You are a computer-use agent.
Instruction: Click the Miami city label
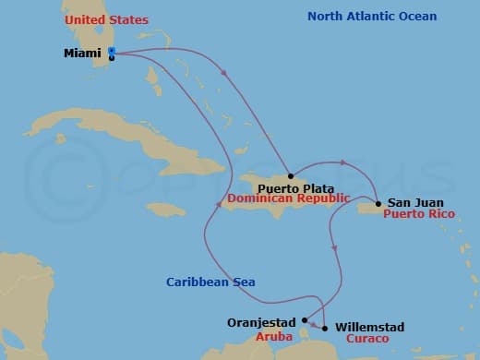point(82,53)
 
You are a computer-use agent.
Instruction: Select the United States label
point(106,19)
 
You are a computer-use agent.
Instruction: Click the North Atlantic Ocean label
point(372,17)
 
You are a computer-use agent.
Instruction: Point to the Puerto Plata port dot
point(290,175)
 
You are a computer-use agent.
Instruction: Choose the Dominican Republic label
point(275,198)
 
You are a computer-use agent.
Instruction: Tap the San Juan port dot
point(378,203)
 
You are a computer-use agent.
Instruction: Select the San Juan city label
point(415,203)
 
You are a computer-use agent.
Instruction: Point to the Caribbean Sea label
point(210,282)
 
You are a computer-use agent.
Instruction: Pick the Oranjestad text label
point(261,323)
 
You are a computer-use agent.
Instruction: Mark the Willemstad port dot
point(324,328)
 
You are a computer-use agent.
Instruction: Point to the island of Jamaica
point(166,210)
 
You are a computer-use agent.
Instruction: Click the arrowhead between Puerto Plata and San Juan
point(343,162)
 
